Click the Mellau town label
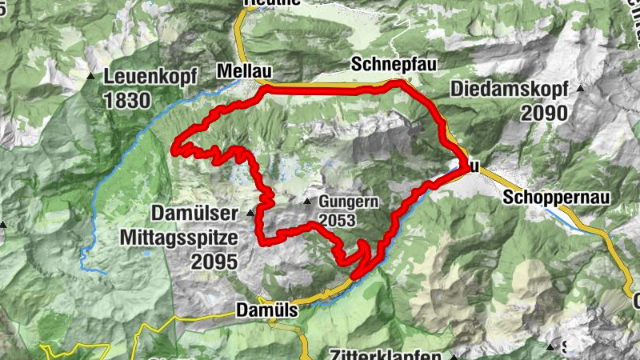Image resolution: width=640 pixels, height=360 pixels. (x=240, y=71)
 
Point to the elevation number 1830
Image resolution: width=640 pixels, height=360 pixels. (x=126, y=100)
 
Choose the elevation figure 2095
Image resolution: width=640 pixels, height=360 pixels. (x=214, y=261)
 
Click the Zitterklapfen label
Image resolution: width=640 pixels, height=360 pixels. (x=384, y=354)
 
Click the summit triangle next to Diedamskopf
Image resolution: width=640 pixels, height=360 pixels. (x=580, y=88)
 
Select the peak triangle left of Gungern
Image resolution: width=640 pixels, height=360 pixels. (x=307, y=201)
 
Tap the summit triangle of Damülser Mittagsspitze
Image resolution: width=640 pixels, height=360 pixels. (x=250, y=213)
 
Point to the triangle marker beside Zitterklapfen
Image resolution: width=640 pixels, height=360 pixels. (x=452, y=355)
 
